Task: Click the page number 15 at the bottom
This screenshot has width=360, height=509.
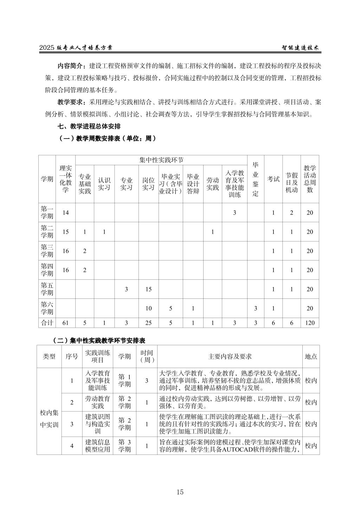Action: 180,492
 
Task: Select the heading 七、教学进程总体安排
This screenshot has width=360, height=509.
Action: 89,126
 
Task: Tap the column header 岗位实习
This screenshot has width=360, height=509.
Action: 148,184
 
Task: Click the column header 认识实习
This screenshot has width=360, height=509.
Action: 104,184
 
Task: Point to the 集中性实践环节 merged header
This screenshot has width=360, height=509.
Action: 161,160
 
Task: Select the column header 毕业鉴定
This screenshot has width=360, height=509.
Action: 256,179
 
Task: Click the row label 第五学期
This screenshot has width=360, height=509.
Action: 47,289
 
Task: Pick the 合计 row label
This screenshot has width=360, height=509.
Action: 47,323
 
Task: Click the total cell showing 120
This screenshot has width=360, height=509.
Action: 310,323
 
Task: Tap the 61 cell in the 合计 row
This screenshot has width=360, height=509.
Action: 65,323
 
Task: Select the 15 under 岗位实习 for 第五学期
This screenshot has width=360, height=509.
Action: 148,289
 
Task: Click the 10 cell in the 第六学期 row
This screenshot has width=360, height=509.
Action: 148,308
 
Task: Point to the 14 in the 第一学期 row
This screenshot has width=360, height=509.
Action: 65,212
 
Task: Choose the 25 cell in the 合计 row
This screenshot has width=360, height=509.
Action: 148,323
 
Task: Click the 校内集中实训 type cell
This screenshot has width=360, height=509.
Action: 49,418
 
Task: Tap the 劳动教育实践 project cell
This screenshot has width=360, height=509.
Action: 98,402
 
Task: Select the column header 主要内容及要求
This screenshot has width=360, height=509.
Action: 230,356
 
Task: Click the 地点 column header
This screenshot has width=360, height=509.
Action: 311,356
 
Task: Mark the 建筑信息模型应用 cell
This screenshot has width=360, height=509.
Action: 98,445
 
